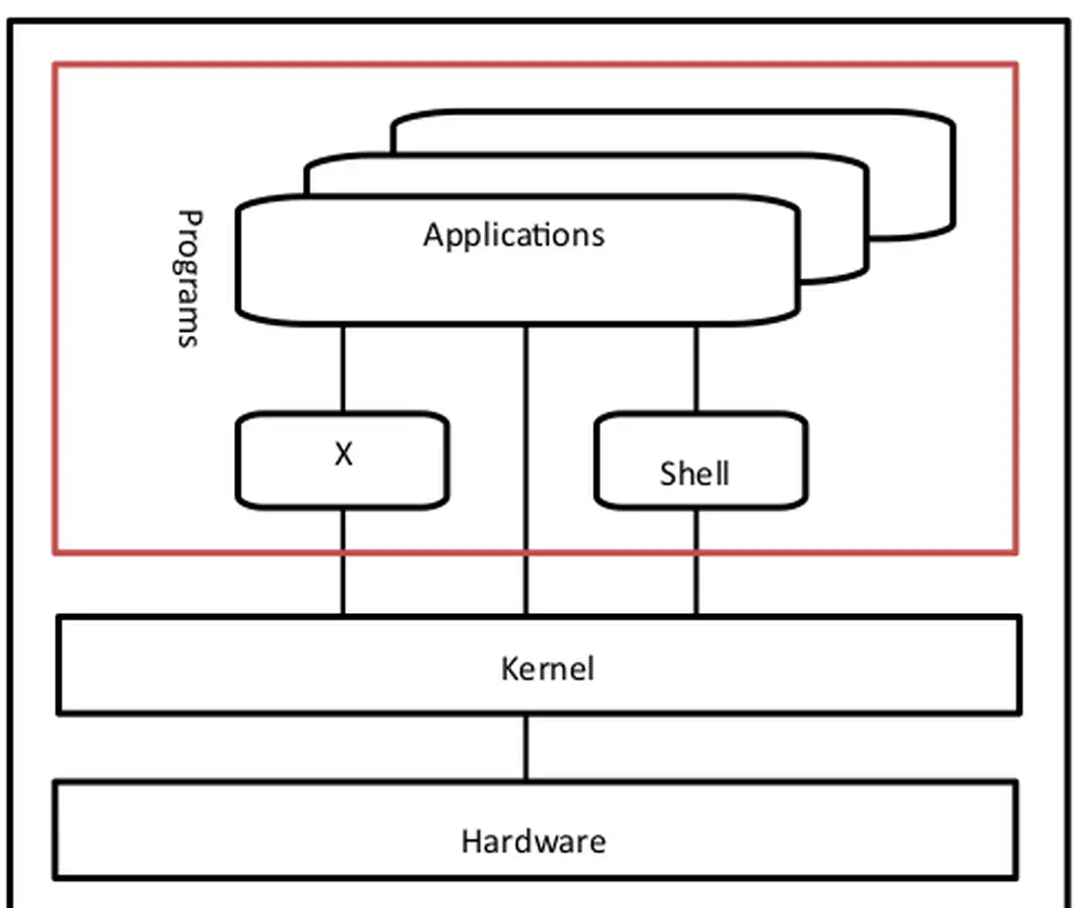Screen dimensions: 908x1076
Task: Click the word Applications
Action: click(513, 235)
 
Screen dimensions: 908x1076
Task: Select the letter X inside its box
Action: click(343, 454)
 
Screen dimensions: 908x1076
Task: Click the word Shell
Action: click(694, 473)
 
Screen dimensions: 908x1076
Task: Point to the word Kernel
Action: click(547, 668)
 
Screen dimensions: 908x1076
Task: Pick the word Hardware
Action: click(533, 841)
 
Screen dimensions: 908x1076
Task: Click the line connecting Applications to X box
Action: click(343, 368)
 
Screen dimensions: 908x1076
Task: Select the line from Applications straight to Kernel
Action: click(526, 468)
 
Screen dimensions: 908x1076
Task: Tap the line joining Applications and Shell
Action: click(695, 368)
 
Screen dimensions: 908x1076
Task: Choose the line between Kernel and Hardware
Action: click(526, 748)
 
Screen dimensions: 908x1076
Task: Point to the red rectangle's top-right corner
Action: click(1015, 66)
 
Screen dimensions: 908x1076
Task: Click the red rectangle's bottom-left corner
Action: click(56, 550)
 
